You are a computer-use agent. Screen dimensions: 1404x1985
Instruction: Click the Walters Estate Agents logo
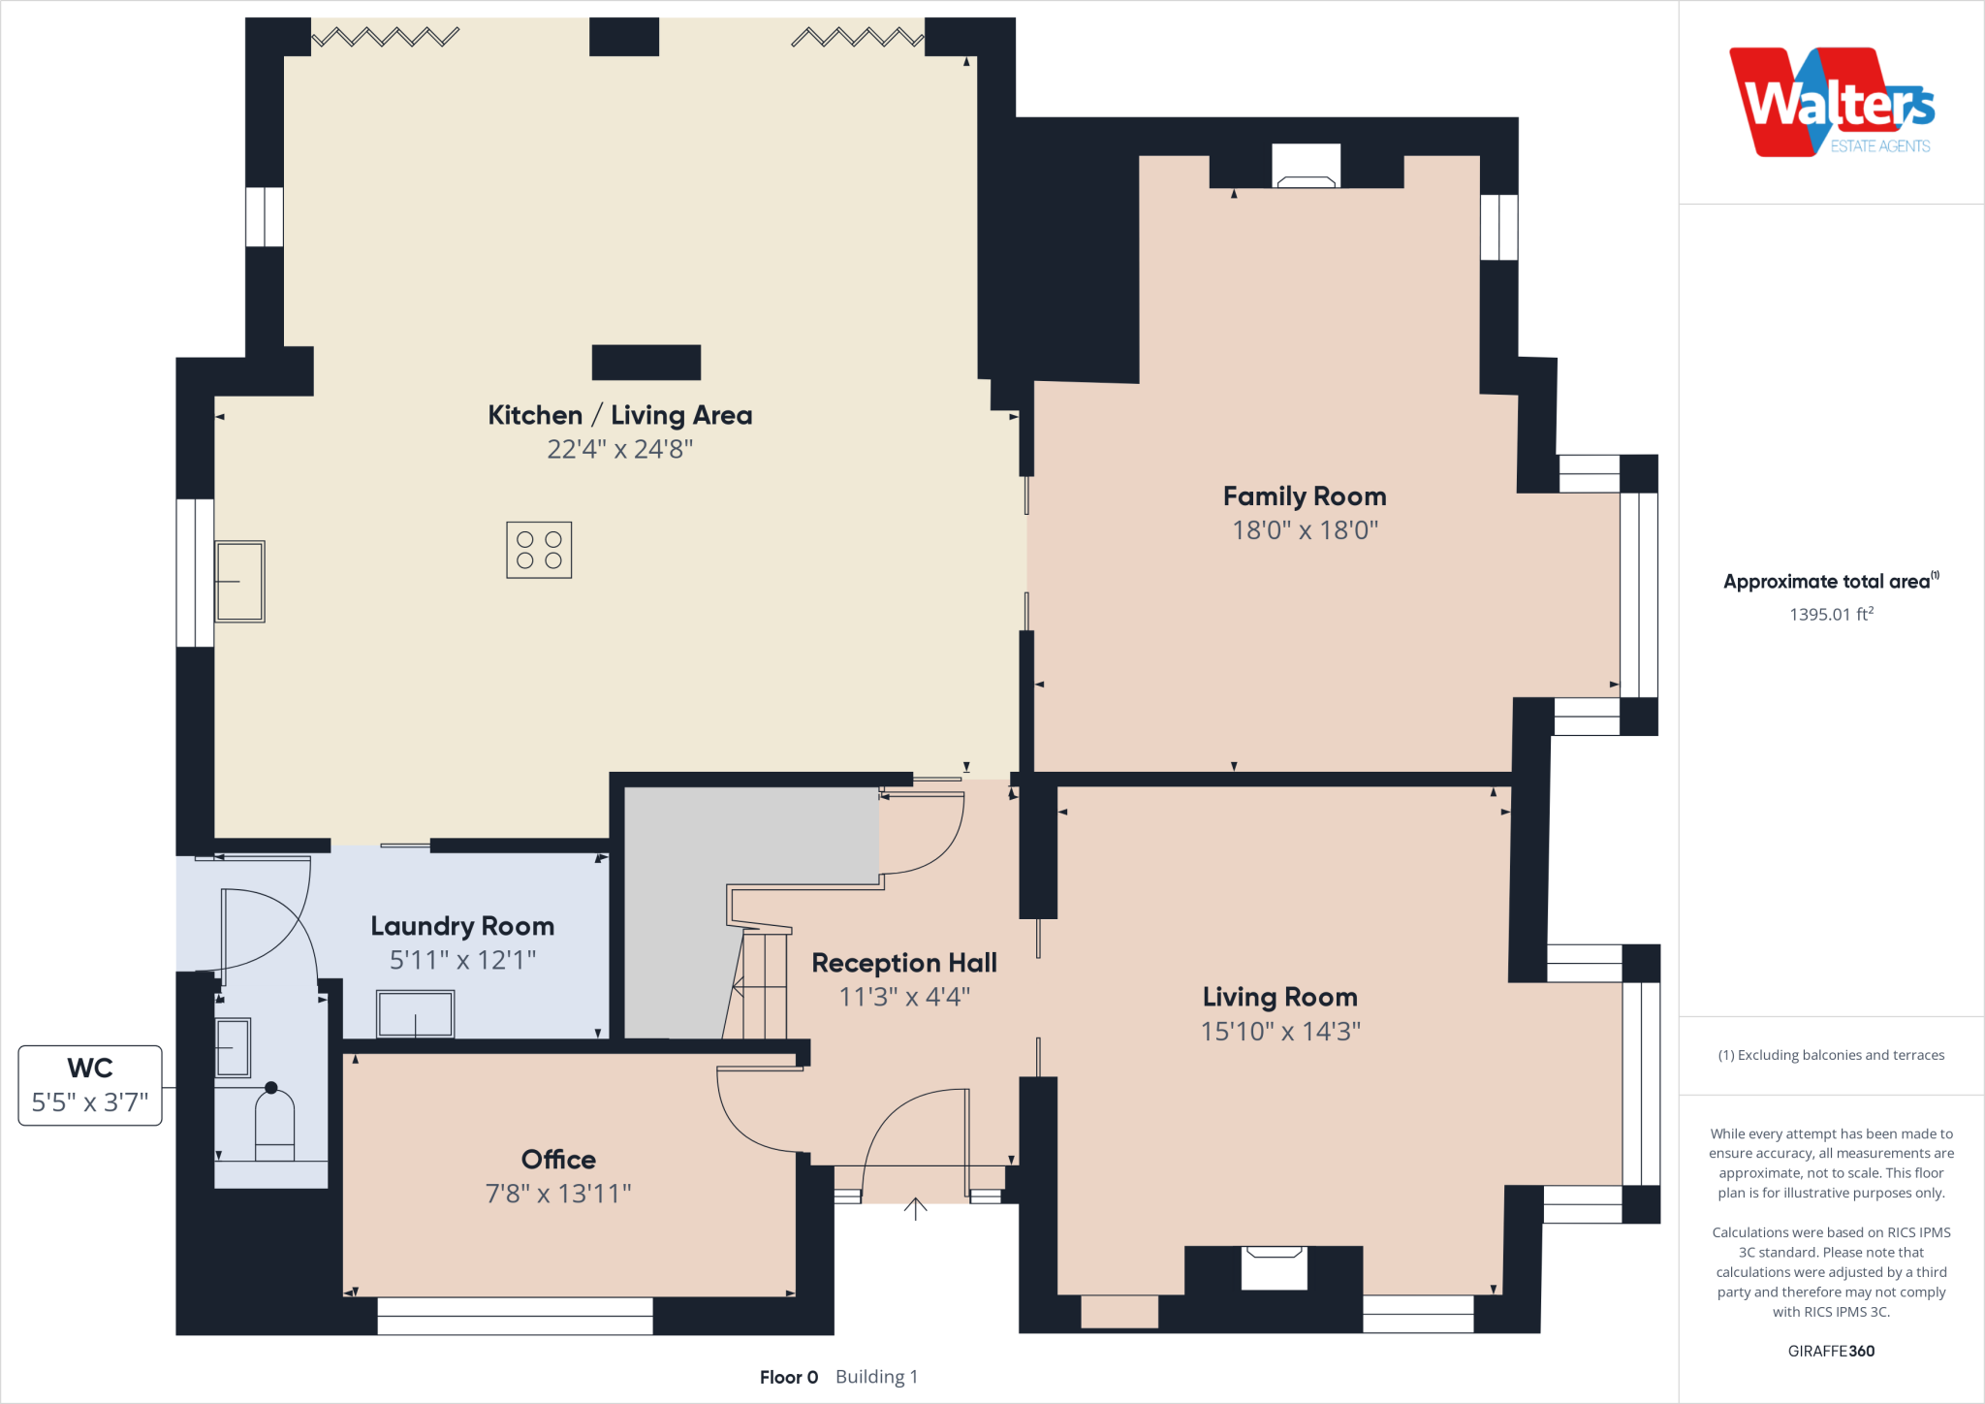coord(1832,103)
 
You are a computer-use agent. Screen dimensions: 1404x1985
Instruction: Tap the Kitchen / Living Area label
coord(619,415)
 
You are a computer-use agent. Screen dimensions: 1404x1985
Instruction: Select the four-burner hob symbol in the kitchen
coord(539,550)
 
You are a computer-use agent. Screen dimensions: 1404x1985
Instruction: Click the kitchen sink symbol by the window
coord(239,581)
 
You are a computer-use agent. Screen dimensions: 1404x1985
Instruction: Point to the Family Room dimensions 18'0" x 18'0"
coord(1305,530)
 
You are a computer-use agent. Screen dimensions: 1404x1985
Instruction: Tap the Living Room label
coord(1279,997)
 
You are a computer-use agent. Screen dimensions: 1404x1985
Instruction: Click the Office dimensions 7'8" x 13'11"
coord(558,1194)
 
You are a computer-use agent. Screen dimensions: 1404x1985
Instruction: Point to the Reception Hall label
coord(903,963)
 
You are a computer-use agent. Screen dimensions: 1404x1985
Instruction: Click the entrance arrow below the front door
coord(915,1209)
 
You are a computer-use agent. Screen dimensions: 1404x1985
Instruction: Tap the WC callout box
coord(90,1085)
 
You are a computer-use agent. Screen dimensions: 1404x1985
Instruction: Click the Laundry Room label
coord(462,926)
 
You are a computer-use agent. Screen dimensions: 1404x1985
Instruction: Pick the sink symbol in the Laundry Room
coord(415,1014)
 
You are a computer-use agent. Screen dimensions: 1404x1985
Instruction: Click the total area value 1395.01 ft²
coord(1831,614)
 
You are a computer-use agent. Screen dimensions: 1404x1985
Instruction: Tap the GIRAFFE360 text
coord(1831,1351)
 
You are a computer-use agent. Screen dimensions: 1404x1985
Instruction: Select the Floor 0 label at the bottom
coord(789,1377)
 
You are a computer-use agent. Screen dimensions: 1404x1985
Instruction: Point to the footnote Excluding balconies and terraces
coord(1831,1055)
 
